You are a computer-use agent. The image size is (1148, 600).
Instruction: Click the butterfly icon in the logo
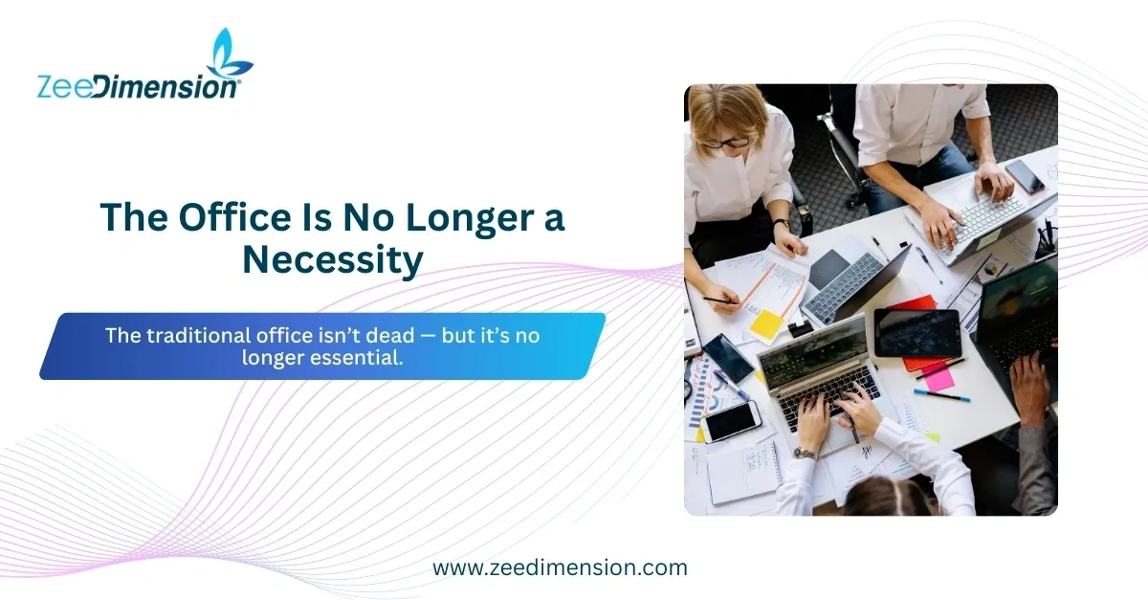pos(229,54)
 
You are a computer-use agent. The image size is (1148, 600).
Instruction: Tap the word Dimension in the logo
pos(166,86)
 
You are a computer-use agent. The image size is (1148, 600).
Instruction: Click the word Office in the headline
pos(234,217)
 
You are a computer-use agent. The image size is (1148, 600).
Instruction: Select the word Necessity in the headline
pos(333,260)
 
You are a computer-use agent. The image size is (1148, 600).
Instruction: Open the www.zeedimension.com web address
pos(560,567)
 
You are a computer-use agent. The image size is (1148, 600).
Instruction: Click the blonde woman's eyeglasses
pos(727,143)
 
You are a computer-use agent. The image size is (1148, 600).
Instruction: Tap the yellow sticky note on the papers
pos(767,323)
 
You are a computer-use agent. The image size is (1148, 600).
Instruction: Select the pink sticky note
pos(938,377)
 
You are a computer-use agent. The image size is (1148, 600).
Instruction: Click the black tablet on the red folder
pos(916,333)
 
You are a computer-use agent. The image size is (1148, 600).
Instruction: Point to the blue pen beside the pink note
pos(942,395)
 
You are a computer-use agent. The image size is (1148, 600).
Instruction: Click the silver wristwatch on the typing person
pos(806,454)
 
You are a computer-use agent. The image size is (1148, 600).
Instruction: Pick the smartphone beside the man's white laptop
pos(1025,176)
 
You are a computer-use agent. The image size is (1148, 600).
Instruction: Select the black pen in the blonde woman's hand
pos(720,300)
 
